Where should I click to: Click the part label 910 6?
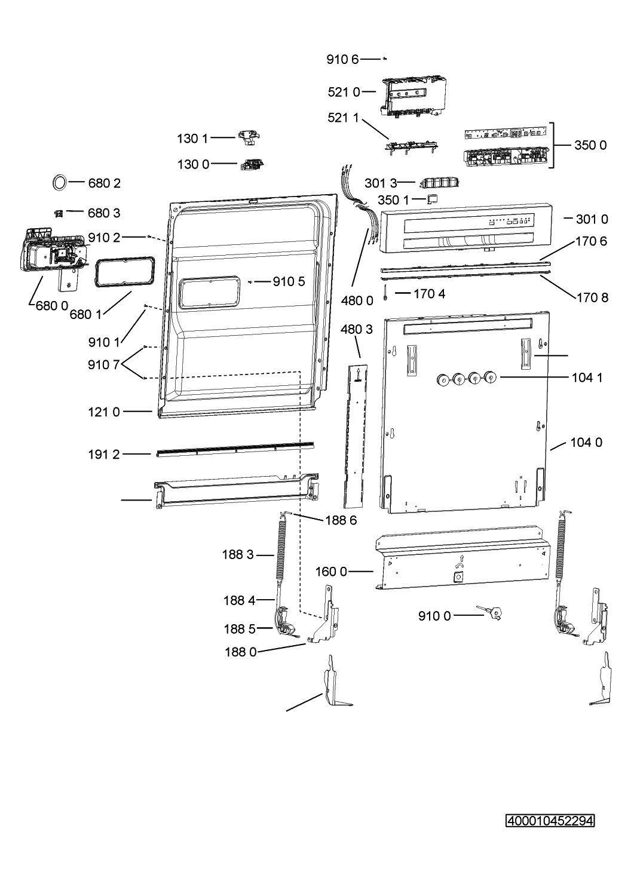(x=342, y=60)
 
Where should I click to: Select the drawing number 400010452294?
(x=550, y=821)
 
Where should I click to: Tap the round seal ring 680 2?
(x=60, y=183)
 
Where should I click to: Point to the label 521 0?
(x=344, y=93)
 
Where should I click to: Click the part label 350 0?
(x=590, y=145)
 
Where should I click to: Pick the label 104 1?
(x=587, y=378)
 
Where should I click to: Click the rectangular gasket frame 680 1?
(x=125, y=273)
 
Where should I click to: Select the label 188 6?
(x=341, y=520)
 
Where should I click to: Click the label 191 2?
(x=104, y=455)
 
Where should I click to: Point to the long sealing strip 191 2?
(x=235, y=449)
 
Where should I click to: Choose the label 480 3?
(x=357, y=329)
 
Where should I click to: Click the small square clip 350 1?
(x=433, y=198)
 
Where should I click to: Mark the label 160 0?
(x=331, y=572)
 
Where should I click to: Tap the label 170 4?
(x=430, y=294)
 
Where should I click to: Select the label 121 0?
(x=104, y=412)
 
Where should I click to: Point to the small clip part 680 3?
(x=59, y=214)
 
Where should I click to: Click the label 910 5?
(x=289, y=281)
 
